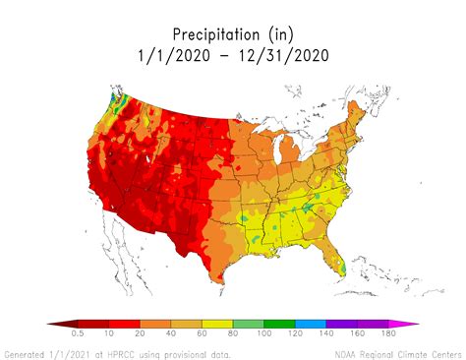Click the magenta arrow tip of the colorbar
412,323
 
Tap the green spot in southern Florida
340,265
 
